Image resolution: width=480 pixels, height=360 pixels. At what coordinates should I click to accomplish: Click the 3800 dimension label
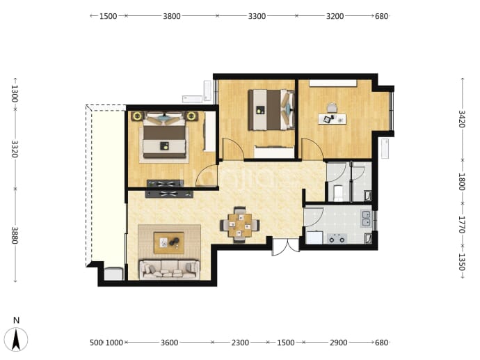(x=171, y=16)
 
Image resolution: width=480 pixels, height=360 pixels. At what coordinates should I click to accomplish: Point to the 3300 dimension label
(x=257, y=16)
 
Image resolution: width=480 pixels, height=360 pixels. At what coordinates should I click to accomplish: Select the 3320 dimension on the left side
(x=15, y=149)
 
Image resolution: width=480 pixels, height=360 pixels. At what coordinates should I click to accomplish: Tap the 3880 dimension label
(x=15, y=235)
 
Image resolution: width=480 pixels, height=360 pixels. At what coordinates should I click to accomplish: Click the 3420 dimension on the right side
(x=462, y=119)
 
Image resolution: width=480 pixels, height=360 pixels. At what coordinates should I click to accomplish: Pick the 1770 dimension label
(x=462, y=225)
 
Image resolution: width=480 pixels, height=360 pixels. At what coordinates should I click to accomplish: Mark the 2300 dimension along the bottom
(x=240, y=342)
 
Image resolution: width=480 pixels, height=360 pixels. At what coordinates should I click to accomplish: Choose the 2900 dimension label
(x=339, y=342)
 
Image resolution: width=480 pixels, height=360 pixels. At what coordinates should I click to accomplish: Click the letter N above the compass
(x=16, y=320)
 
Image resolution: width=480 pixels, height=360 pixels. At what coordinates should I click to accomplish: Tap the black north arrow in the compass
(x=16, y=339)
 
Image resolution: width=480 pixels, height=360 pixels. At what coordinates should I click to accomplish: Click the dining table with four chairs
(x=240, y=225)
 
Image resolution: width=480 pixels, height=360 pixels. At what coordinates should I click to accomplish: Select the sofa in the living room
(x=170, y=269)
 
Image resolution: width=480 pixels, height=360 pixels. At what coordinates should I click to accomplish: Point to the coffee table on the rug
(x=168, y=242)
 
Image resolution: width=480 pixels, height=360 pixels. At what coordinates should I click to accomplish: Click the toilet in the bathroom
(x=338, y=193)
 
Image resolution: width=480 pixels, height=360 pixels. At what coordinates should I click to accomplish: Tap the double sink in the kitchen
(x=366, y=218)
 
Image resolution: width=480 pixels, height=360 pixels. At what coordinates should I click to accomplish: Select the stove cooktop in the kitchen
(x=337, y=238)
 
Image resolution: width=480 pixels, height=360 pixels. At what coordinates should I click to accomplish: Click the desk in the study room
(x=332, y=119)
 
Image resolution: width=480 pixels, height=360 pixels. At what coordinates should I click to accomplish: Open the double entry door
(x=286, y=248)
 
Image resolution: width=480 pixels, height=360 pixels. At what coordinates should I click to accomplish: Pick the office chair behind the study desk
(x=332, y=108)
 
